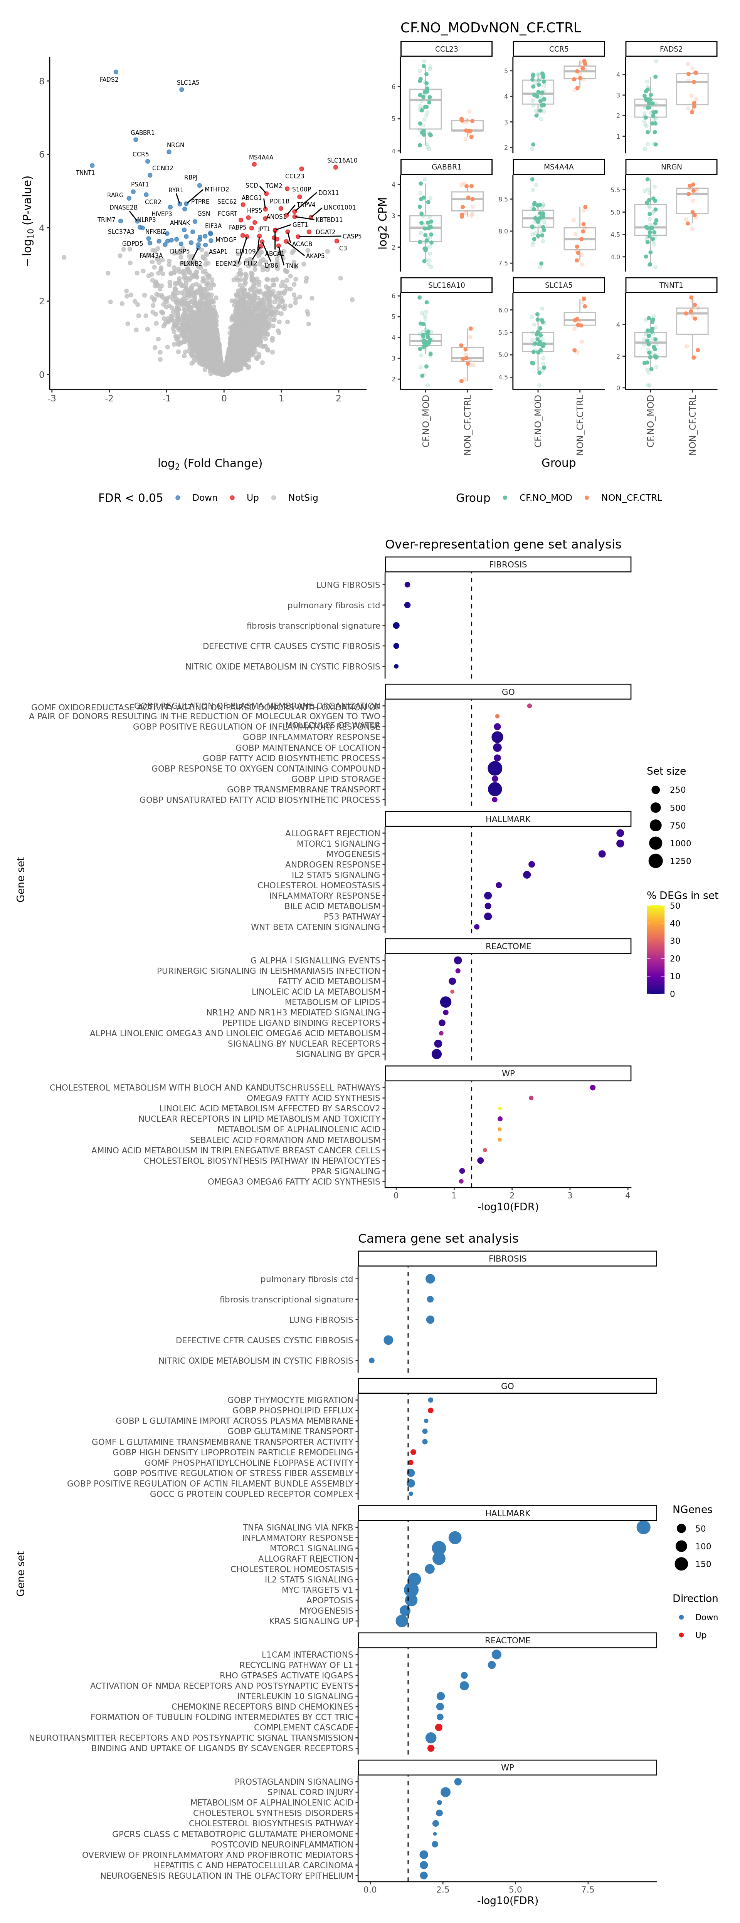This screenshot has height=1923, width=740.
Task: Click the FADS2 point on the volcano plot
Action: coord(116,72)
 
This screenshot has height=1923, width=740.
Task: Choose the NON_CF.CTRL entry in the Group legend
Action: coord(631,498)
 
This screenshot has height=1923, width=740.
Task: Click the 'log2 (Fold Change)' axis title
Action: coord(210,463)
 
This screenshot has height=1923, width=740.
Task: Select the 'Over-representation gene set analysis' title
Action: coord(503,544)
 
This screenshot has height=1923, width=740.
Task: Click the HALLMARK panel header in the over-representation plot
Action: coord(508,819)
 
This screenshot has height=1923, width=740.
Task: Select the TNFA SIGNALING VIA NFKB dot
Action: coord(643,1527)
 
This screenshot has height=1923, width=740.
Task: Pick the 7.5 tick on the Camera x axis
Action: coord(588,1889)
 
